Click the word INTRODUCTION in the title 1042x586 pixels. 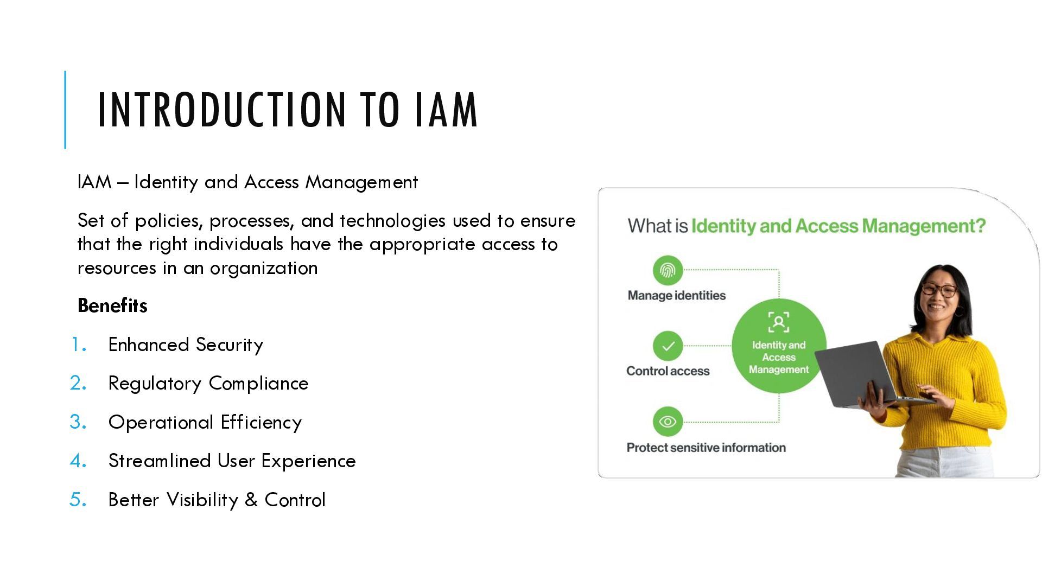(x=221, y=110)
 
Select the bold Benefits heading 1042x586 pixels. (x=112, y=305)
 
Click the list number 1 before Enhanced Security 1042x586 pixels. (x=79, y=345)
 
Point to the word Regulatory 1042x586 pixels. (x=155, y=384)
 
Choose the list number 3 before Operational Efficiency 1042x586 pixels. (x=78, y=422)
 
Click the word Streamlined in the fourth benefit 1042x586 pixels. (x=160, y=461)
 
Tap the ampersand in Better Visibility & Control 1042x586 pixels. (x=251, y=500)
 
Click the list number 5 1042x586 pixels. (x=78, y=500)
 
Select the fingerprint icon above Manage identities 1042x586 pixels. (x=668, y=270)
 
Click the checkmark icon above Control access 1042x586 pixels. (x=668, y=346)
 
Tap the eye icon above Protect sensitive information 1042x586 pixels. (x=668, y=422)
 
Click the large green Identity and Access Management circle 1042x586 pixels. (x=779, y=346)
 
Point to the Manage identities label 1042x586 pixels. (x=676, y=296)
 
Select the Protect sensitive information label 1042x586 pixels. (x=706, y=448)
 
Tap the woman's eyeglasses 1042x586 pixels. (x=939, y=290)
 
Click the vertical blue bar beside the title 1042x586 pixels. (x=65, y=110)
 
